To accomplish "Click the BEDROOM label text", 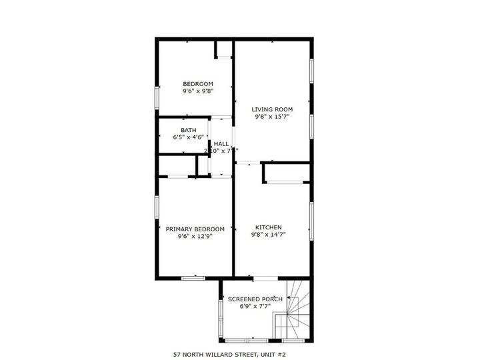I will coord(198,84).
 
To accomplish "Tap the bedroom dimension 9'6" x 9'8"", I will coord(198,92).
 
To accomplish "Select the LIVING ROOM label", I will coord(272,109).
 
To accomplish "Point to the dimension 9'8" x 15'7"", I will coord(272,117).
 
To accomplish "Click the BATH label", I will coord(188,130).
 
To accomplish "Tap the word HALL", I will coord(221,143).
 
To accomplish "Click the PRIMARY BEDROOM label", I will coord(195,229).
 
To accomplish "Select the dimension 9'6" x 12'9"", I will coord(195,236).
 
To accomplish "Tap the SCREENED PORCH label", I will coord(255,299).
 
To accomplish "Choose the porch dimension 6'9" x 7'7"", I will coord(255,307).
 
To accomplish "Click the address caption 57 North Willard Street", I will coord(229,355).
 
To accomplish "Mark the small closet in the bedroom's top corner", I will coord(223,49).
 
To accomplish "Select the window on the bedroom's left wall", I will coord(157,97).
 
